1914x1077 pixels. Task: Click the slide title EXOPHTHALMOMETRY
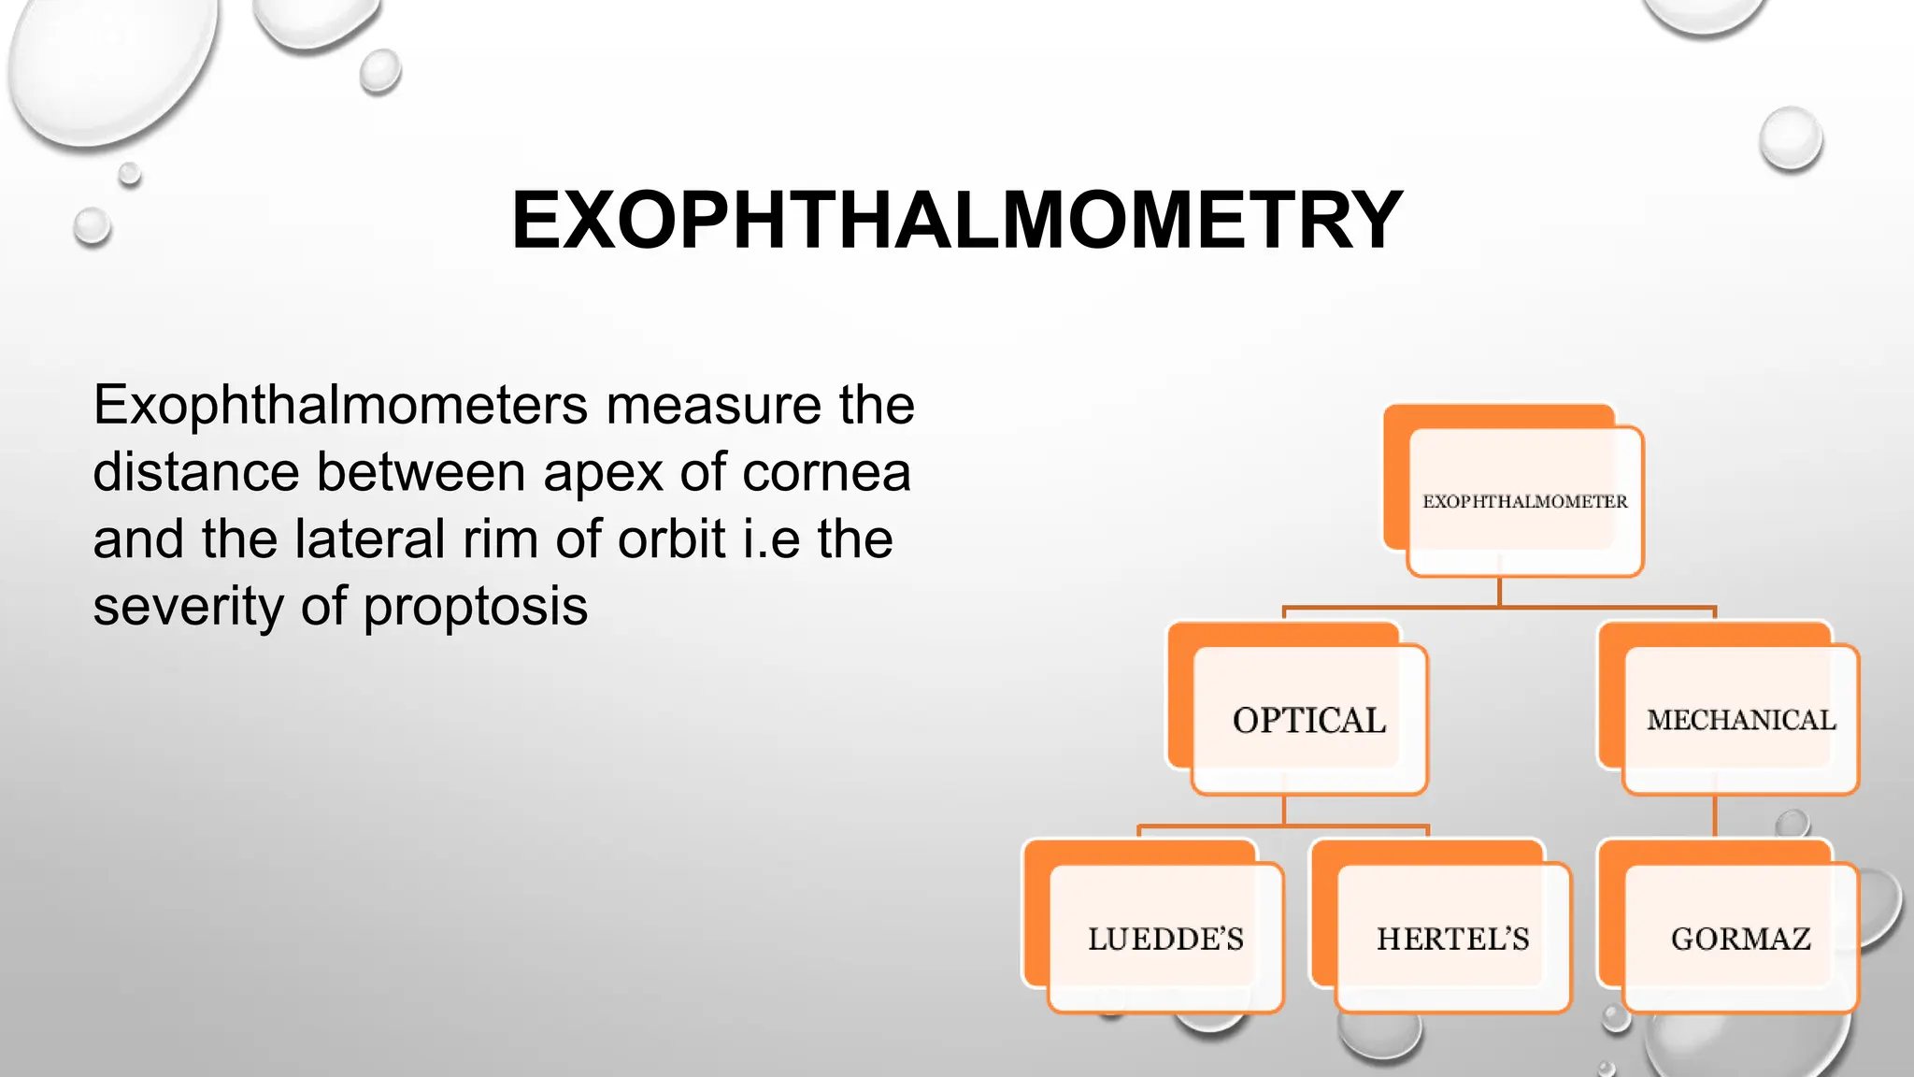(956, 221)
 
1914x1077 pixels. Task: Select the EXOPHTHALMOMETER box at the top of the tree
(1524, 501)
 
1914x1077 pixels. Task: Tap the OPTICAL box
(1308, 720)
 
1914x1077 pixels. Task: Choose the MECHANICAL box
(1740, 720)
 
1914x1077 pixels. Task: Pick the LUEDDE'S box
(1165, 938)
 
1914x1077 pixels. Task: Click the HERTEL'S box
(1452, 938)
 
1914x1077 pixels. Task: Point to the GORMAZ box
(1740, 938)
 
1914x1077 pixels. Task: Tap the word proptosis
(475, 608)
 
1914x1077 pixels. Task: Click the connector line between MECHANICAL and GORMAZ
(1715, 816)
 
